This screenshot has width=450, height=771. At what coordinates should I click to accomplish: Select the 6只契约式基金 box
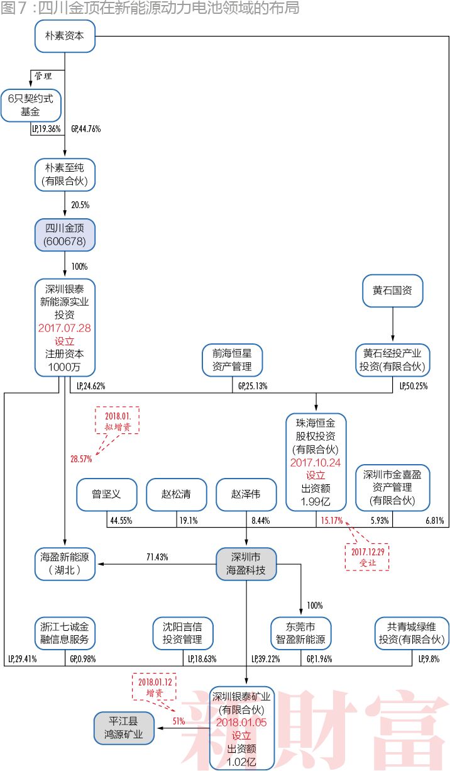click(x=31, y=105)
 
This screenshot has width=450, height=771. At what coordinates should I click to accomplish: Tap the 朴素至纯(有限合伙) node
click(x=65, y=174)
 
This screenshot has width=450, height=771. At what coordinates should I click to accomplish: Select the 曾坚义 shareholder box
click(x=107, y=495)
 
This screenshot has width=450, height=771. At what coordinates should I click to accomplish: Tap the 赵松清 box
click(x=177, y=495)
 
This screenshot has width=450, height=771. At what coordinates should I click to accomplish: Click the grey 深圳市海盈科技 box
click(x=246, y=565)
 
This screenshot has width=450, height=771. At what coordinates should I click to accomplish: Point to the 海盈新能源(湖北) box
click(x=65, y=565)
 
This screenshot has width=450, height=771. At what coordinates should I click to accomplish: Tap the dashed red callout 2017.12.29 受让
click(x=368, y=556)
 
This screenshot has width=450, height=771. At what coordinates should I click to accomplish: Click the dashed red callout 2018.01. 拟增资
click(x=117, y=420)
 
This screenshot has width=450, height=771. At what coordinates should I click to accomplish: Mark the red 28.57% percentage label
click(x=81, y=459)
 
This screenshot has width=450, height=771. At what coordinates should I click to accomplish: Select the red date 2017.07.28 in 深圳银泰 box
click(x=65, y=328)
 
